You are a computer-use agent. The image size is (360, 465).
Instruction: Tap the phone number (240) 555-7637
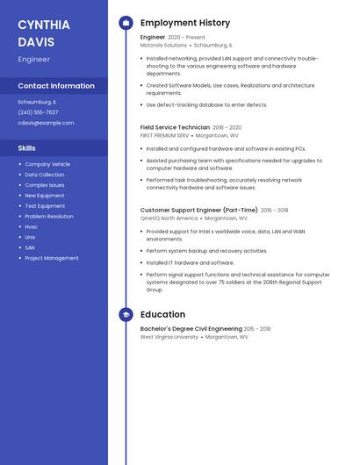(x=38, y=112)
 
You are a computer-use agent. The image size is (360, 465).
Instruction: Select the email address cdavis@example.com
(x=46, y=123)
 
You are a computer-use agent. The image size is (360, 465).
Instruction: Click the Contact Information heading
(x=56, y=86)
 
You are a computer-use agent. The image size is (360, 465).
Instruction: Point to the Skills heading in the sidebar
(x=26, y=148)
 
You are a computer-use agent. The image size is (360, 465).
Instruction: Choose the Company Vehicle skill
(x=47, y=164)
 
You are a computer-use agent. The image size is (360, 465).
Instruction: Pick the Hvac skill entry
(x=32, y=226)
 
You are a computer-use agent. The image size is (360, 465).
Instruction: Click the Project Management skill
(x=52, y=258)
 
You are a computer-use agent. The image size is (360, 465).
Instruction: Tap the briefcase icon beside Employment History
(x=126, y=23)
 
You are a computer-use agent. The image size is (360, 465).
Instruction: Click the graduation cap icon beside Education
(x=126, y=314)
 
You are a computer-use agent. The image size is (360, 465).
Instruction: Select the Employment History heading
(x=185, y=23)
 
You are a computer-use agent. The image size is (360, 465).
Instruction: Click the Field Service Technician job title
(x=175, y=127)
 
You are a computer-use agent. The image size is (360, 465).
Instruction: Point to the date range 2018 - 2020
(x=227, y=127)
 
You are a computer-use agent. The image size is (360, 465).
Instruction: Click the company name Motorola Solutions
(x=163, y=45)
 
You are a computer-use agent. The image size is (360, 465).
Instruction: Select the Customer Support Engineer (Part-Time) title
(x=198, y=211)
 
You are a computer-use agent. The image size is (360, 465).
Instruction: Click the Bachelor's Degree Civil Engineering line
(x=191, y=329)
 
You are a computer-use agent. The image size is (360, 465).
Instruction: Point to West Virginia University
(x=169, y=337)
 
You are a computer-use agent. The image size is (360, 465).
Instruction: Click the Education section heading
(x=162, y=314)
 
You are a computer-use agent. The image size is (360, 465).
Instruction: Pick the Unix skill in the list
(x=31, y=237)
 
